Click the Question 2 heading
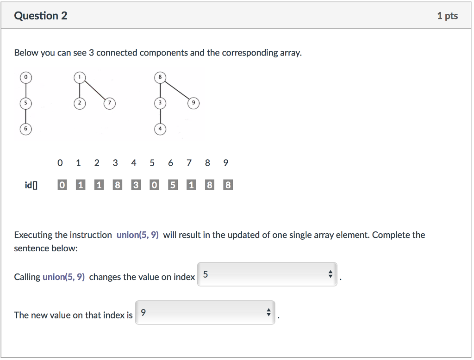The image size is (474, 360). click(x=41, y=16)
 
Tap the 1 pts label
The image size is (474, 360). click(x=447, y=16)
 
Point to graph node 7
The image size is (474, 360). click(x=109, y=103)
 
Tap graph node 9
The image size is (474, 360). click(x=194, y=103)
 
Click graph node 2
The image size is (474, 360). click(x=80, y=103)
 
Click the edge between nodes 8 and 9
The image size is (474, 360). click(x=177, y=90)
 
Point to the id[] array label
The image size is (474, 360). click(x=31, y=186)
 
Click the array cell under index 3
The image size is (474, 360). click(x=118, y=186)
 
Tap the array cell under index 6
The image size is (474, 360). click(x=172, y=186)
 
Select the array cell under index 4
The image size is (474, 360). click(x=136, y=186)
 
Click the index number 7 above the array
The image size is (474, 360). click(x=189, y=163)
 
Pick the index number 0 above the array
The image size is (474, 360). click(x=60, y=163)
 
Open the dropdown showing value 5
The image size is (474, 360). click(x=267, y=274)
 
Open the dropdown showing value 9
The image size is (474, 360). click(x=205, y=313)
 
